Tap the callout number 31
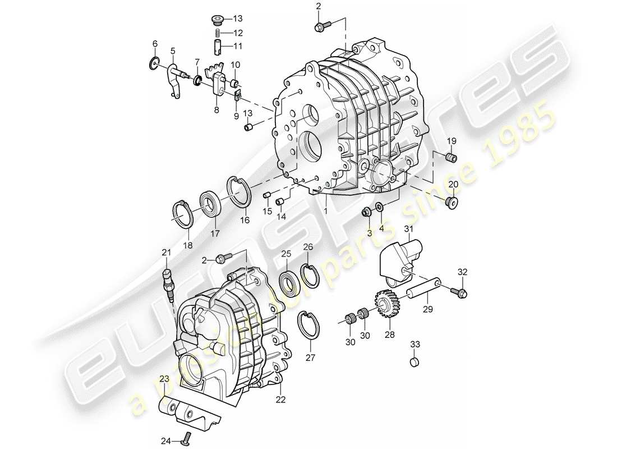[x=408, y=228]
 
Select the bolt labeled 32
[x=462, y=292]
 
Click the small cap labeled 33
[x=415, y=362]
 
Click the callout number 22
[x=280, y=400]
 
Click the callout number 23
[x=163, y=379]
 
